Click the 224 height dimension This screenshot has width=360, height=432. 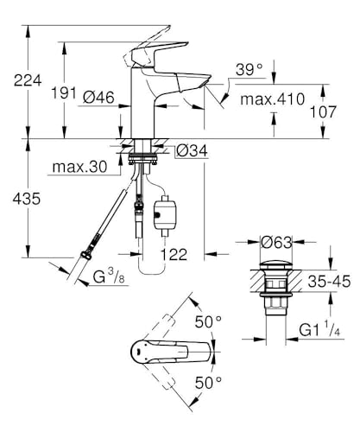[x=28, y=80]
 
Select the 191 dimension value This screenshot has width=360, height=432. [x=64, y=92]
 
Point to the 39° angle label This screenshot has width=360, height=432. [x=249, y=69]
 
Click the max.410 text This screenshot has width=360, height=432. [x=272, y=98]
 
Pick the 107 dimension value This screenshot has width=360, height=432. [x=323, y=111]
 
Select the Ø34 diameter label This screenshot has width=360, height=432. [x=192, y=150]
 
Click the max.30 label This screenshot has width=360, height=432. [x=79, y=167]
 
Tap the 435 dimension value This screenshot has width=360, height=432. [x=27, y=199]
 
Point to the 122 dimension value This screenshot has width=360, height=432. [x=174, y=254]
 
